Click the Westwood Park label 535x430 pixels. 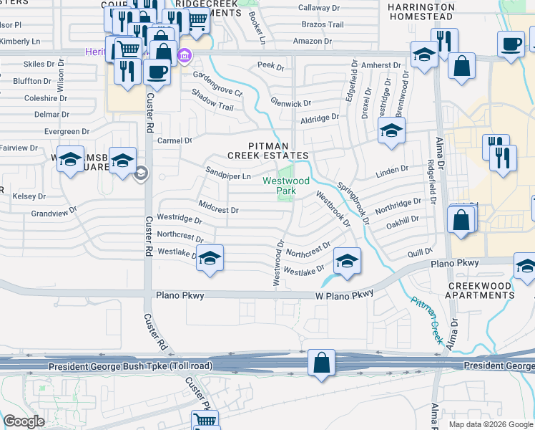pos(286,186)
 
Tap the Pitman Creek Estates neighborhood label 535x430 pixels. pos(268,150)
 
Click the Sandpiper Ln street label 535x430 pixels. pos(228,176)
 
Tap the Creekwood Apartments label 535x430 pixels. pos(479,291)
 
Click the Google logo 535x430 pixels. pos(24,421)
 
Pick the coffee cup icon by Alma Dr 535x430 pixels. pos(511,44)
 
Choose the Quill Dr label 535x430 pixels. pos(420,252)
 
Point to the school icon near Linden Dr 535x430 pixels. pos(391,131)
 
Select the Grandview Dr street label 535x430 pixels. pos(54,214)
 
